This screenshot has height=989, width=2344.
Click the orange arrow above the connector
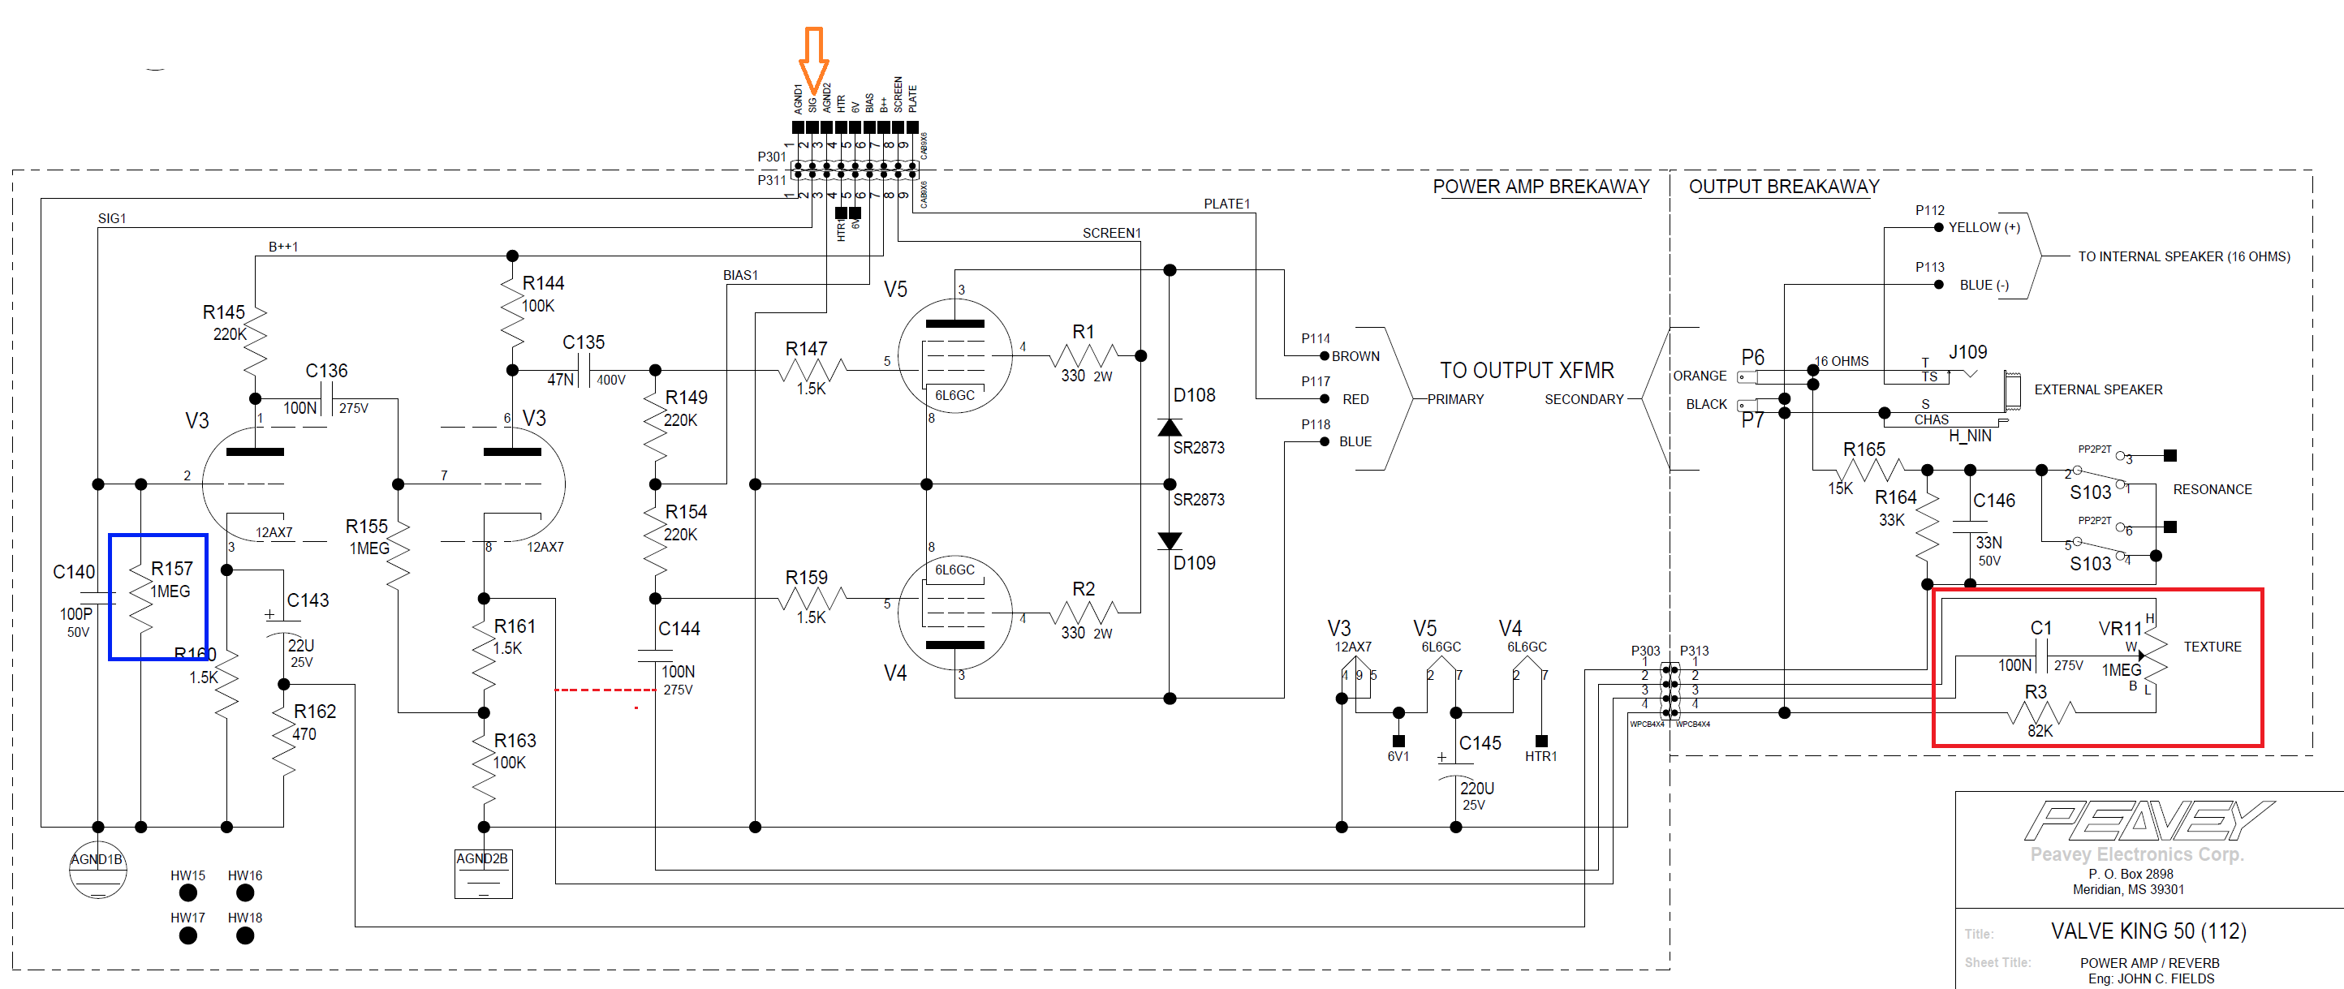tap(812, 57)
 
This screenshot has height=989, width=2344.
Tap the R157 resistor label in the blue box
tap(172, 569)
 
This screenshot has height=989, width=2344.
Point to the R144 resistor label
tap(543, 283)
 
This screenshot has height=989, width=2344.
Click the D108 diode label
tap(1194, 395)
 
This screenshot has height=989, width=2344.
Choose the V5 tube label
tap(895, 290)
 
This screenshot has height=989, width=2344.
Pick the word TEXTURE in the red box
tap(2212, 647)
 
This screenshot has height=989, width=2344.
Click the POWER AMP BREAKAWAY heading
tap(1540, 187)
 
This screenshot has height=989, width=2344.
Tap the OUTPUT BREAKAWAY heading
tap(1783, 187)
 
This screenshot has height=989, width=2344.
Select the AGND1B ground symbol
tap(97, 870)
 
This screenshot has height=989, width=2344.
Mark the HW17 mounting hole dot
tap(188, 935)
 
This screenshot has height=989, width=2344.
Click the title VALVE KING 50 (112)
tap(2148, 931)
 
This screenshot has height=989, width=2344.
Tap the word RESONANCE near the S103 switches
tap(2212, 489)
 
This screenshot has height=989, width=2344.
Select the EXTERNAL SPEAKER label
tap(2097, 389)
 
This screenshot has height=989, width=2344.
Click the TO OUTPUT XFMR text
tap(1526, 370)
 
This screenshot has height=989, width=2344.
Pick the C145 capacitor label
tap(1480, 743)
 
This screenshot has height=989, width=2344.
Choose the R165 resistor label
tap(1864, 449)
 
